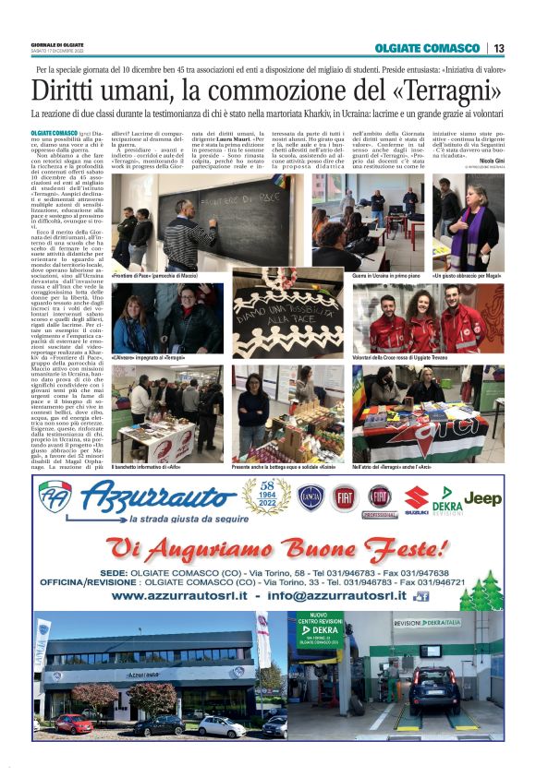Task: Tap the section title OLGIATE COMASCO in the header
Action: (x=428, y=48)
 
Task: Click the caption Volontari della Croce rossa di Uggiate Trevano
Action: (x=398, y=356)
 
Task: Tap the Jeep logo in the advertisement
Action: (x=482, y=498)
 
